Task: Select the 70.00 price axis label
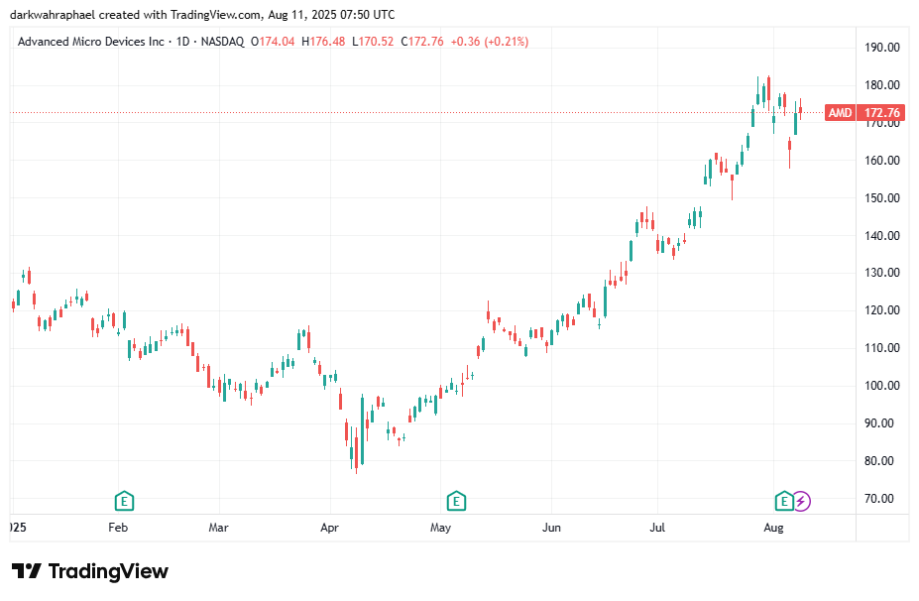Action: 882,499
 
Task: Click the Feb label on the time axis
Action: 118,529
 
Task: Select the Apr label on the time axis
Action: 330,529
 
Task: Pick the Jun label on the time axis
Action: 552,529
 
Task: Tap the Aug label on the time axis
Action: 774,529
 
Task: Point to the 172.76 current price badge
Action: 882,113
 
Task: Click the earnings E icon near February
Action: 124,500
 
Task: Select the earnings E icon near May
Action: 456,500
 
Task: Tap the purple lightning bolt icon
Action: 801,501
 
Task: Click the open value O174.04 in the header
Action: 274,42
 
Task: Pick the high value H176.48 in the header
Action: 324,42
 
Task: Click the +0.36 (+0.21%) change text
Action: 489,42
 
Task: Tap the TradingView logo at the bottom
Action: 90,572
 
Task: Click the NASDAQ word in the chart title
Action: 223,42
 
